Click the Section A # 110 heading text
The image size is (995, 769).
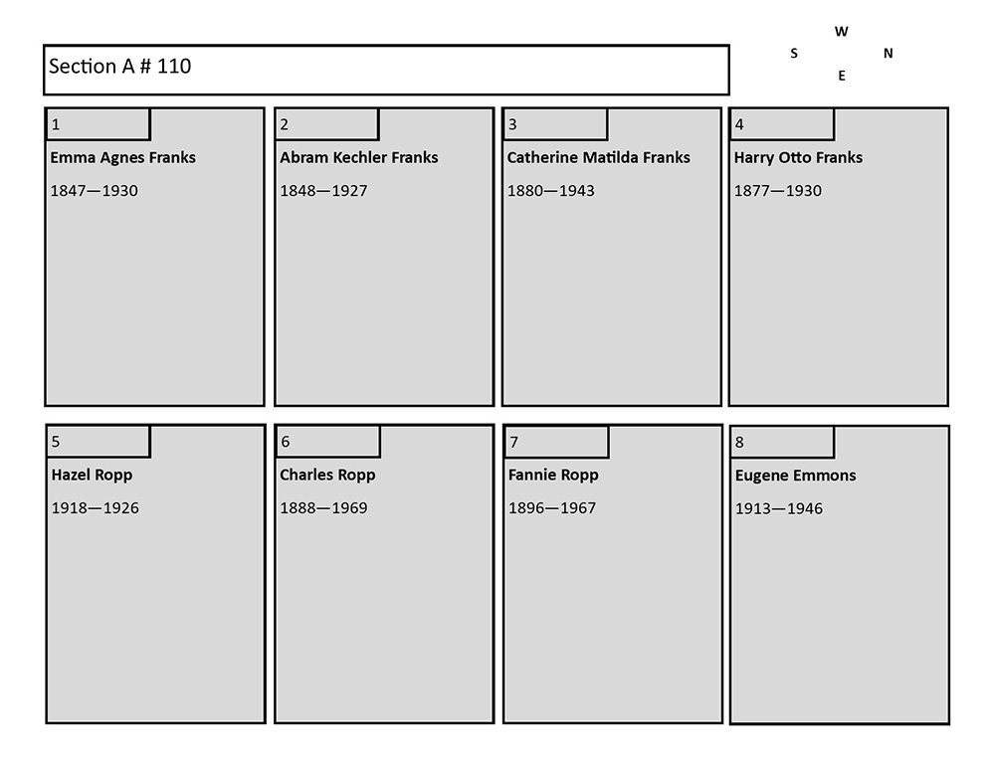click(x=120, y=66)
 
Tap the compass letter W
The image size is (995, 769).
click(x=842, y=32)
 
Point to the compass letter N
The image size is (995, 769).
click(x=889, y=54)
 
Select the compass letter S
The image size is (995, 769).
click(x=794, y=54)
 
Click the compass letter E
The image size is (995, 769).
click(x=842, y=76)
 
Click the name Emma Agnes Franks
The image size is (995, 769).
click(x=123, y=158)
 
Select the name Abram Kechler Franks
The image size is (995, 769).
click(x=359, y=157)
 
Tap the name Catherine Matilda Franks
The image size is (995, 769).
click(x=598, y=157)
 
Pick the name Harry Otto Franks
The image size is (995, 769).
click(x=798, y=157)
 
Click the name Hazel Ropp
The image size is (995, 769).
click(x=92, y=476)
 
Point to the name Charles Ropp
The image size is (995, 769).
click(x=327, y=476)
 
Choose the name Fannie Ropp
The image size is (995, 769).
click(x=553, y=476)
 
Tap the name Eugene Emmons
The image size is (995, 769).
click(x=796, y=476)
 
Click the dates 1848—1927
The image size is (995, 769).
click(x=323, y=191)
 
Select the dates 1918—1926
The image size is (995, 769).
click(x=96, y=508)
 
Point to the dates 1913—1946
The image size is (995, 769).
click(x=779, y=509)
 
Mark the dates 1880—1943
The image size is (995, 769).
click(x=551, y=191)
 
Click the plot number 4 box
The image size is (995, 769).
click(x=782, y=124)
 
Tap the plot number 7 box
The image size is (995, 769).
click(x=556, y=442)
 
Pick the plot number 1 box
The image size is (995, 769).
click(x=99, y=124)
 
